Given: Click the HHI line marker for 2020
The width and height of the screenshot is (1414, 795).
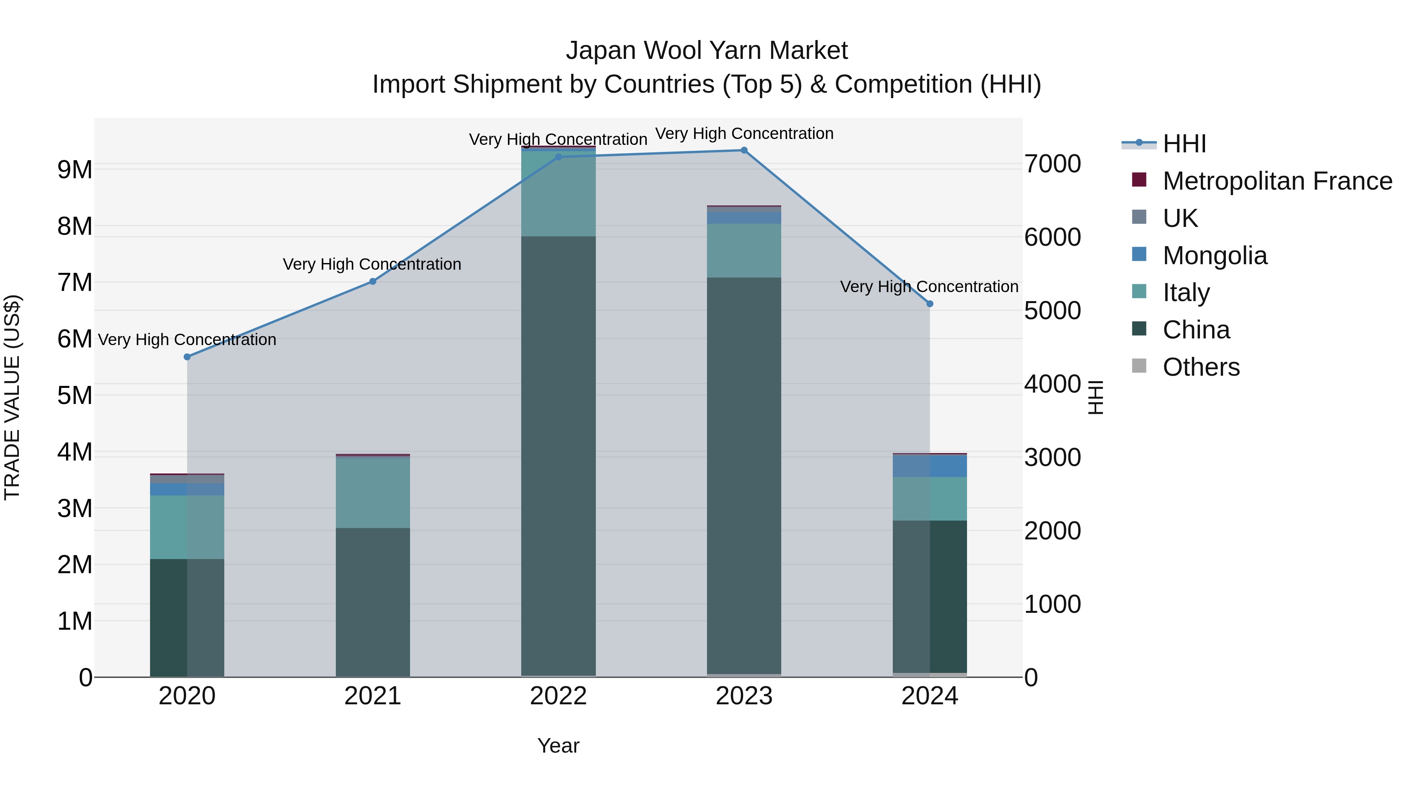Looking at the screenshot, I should [187, 356].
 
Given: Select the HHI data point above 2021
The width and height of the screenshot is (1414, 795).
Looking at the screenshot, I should [373, 281].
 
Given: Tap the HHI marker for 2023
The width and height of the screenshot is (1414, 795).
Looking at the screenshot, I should [744, 150].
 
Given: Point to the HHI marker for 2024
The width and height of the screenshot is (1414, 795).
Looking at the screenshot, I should [929, 303].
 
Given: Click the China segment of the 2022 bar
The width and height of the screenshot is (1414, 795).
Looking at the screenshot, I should [558, 455].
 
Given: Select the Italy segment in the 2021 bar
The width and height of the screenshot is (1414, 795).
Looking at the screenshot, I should [373, 493].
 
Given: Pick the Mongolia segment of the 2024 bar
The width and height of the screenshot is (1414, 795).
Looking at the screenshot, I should [929, 466].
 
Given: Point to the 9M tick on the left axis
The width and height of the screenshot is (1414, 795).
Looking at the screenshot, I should [75, 170].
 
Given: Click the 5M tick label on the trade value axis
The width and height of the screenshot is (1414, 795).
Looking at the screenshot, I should [75, 396].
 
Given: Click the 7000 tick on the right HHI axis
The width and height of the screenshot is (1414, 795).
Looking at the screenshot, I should [1052, 164].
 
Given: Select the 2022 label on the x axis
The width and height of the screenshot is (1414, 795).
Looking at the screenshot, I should [558, 696].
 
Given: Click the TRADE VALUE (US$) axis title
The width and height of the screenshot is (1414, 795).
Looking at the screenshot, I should [12, 397].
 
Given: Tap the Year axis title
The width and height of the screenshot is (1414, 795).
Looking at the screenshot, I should [558, 746].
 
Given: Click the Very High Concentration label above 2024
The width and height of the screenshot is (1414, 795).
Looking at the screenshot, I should [929, 287].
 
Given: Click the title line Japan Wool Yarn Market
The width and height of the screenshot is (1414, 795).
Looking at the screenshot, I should [707, 51].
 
